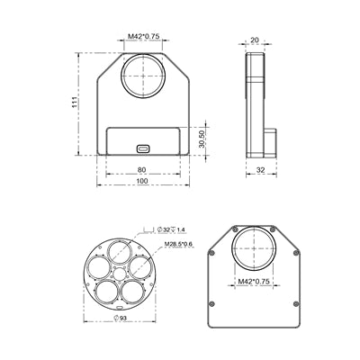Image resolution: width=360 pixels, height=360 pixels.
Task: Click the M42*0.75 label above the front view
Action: (x=142, y=37)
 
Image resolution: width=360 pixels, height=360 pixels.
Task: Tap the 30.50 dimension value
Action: (x=204, y=139)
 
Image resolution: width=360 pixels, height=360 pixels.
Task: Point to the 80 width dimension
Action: (x=142, y=168)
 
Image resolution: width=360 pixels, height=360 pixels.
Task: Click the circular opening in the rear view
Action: (x=253, y=247)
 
